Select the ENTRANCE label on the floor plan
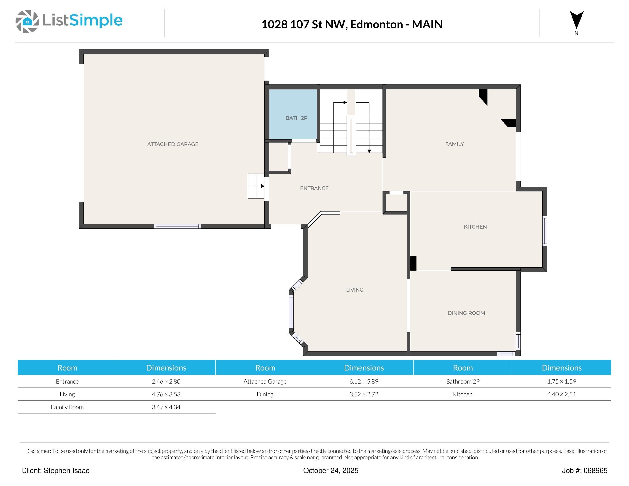click(x=314, y=188)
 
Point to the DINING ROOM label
click(x=466, y=313)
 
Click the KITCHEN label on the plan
click(x=475, y=227)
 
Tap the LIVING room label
click(x=355, y=290)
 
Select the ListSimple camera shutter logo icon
click(x=27, y=21)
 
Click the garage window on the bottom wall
click(x=177, y=226)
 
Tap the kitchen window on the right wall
click(x=544, y=231)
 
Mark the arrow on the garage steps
click(x=262, y=186)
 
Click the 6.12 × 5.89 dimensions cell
click(x=364, y=381)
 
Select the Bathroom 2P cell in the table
click(x=462, y=381)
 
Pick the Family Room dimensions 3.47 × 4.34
click(x=166, y=407)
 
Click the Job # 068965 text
click(x=584, y=470)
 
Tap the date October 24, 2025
click(x=331, y=470)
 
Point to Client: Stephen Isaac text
click(x=56, y=470)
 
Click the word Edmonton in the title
click(x=376, y=24)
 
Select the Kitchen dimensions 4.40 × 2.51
click(x=561, y=394)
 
